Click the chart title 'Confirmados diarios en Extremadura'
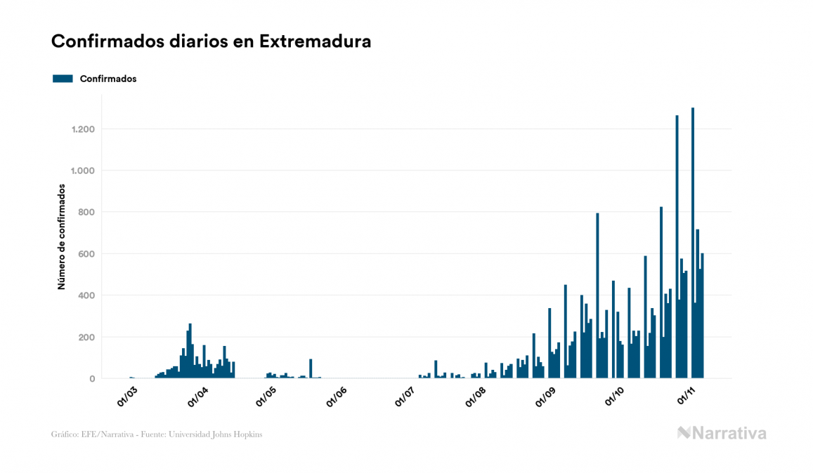click(x=211, y=41)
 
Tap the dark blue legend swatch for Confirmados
click(x=63, y=79)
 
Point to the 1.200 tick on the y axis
click(x=84, y=129)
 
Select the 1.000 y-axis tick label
click(x=84, y=171)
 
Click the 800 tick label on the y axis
click(x=87, y=212)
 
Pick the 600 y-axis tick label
click(x=87, y=253)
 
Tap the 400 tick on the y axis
click(x=87, y=295)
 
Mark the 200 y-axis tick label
click(x=87, y=337)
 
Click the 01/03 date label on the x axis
click(x=128, y=395)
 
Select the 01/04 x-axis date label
click(x=197, y=395)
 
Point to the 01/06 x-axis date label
click(x=337, y=395)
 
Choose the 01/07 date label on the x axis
click(x=405, y=395)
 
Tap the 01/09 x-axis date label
click(x=545, y=395)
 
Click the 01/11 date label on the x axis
click(x=685, y=395)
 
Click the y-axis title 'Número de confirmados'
click(x=62, y=237)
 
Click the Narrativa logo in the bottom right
click(x=722, y=433)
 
